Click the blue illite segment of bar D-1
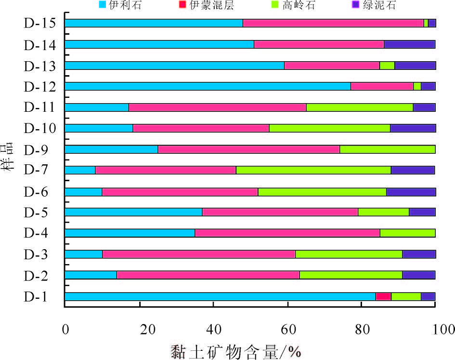point(220,296)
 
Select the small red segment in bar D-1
point(383,296)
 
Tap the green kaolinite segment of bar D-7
point(313,170)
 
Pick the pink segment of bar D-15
point(333,23)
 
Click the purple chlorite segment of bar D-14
point(409,44)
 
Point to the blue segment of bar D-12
point(208,86)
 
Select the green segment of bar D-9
point(388,149)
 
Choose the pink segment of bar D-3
point(199,254)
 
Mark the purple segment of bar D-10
point(413,128)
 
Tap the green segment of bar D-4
point(408,233)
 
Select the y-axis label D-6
point(36,192)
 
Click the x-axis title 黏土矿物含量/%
point(235,350)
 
